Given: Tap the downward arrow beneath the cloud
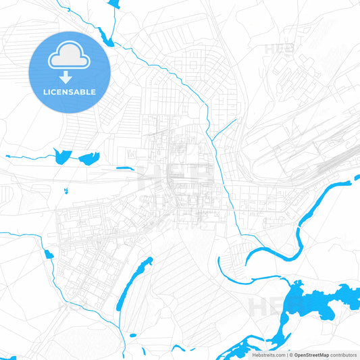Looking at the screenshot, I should pyautogui.click(x=70, y=78).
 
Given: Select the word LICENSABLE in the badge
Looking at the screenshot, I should pyautogui.click(x=70, y=91).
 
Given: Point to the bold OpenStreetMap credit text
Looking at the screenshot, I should pyautogui.click(x=316, y=355).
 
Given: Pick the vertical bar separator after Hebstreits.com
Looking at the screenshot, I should pyautogui.click(x=286, y=355).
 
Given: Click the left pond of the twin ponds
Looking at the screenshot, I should pyautogui.click(x=62, y=156).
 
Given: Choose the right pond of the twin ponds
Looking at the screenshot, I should pyautogui.click(x=88, y=159).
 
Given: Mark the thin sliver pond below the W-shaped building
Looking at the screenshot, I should pyautogui.click(x=125, y=168).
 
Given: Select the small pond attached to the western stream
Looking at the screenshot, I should pyautogui.click(x=48, y=255).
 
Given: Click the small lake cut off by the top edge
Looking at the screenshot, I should pyautogui.click(x=113, y=3).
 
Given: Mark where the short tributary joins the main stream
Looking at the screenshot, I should pyautogui.click(x=212, y=140).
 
